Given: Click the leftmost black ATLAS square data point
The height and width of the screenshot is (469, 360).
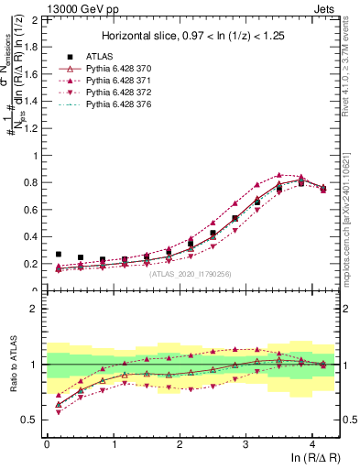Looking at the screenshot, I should tap(59, 255).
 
